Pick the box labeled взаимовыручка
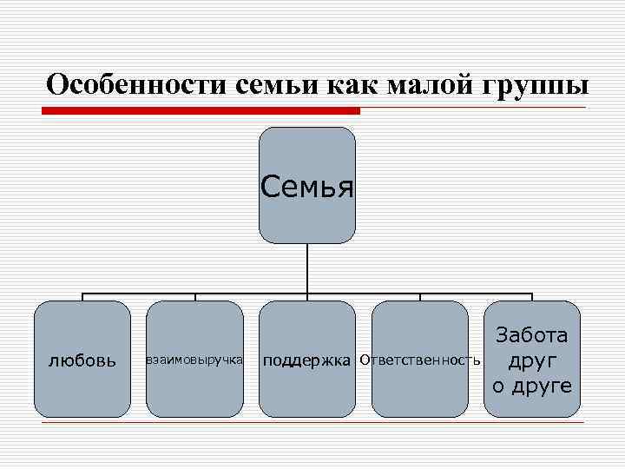[194, 373]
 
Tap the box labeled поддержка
[307, 382]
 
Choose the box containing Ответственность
[420, 382]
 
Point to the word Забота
[532, 335]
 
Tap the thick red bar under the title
[201, 110]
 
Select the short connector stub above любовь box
[82, 296]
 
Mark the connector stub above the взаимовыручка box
[194, 296]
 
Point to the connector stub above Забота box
[532, 296]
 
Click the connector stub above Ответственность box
[420, 296]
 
